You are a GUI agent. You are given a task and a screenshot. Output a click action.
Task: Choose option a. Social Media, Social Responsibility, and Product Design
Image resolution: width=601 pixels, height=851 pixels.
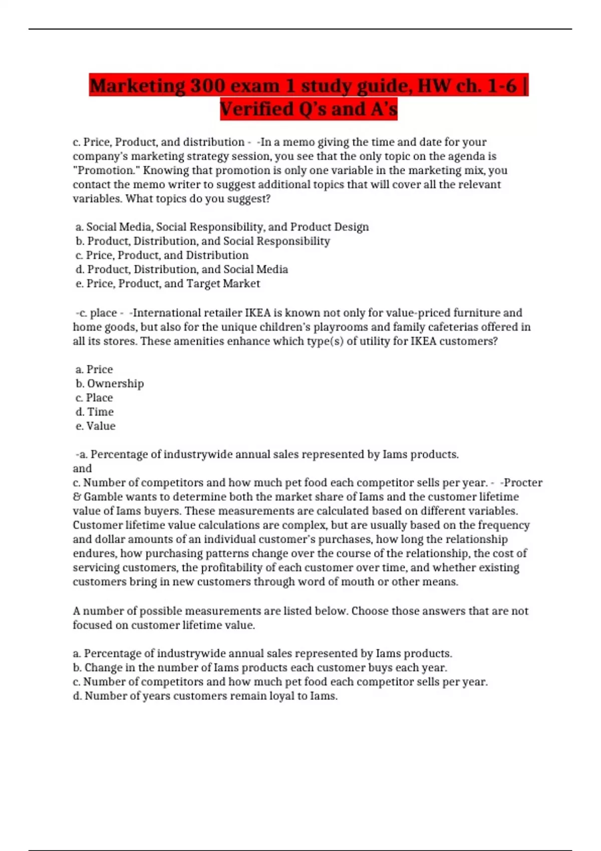222,227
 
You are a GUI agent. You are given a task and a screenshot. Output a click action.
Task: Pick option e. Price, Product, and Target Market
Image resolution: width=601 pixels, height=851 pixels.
168,283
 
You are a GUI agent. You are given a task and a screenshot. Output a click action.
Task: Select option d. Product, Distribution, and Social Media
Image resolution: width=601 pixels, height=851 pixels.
182,269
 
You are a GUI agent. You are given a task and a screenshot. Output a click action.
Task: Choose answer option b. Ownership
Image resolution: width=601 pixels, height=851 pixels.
110,383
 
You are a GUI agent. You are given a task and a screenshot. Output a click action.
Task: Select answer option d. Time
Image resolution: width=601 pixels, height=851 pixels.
95,412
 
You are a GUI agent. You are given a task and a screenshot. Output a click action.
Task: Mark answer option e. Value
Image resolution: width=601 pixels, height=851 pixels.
95,426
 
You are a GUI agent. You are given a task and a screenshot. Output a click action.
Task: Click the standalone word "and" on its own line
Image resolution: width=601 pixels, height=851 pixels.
82,469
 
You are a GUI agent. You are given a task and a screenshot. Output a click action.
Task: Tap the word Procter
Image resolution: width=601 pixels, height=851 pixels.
522,483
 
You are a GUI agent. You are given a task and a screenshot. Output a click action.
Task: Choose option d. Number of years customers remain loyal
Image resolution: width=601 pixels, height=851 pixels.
205,696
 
